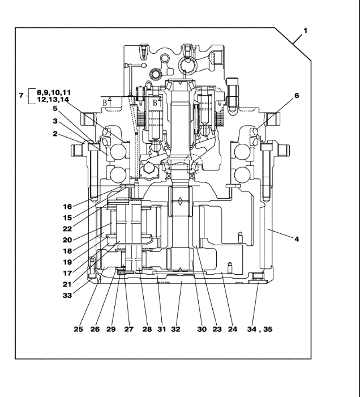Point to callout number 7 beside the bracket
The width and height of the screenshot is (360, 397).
22,96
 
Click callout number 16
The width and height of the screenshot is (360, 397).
67,207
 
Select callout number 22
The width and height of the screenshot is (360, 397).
67,229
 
